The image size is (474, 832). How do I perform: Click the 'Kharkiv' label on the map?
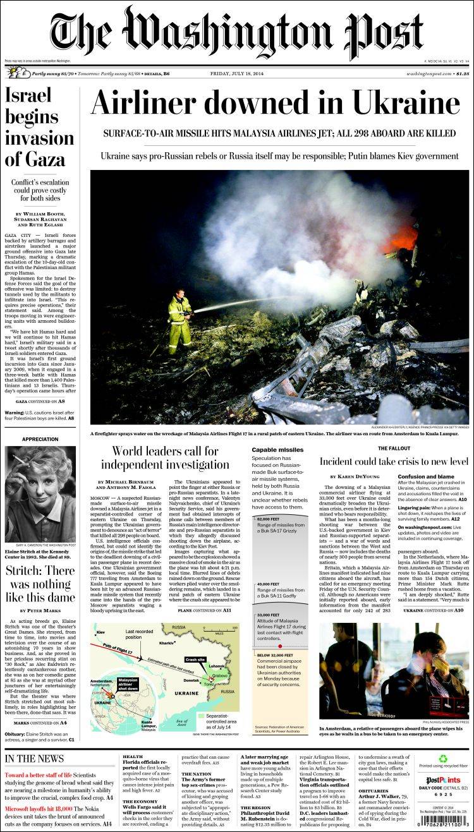point(167,643)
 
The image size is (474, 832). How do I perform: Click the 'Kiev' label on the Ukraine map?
point(100,632)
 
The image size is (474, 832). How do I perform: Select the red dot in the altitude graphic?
point(280,646)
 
